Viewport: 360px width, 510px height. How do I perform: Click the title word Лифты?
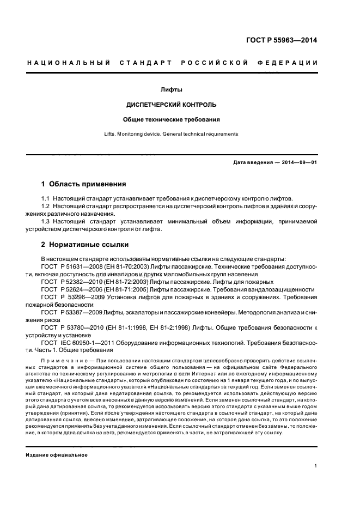[172, 89]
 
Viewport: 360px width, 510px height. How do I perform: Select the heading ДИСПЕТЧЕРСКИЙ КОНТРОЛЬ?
[172, 104]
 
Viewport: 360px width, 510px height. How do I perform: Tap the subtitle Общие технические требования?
[172, 119]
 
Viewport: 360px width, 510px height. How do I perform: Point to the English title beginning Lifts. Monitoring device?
[171, 133]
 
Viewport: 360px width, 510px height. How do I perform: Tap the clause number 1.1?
[46, 199]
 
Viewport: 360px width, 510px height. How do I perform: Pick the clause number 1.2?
[46, 207]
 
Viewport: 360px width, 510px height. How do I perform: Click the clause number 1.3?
[46, 222]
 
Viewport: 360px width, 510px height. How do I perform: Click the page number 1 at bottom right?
[316, 466]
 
